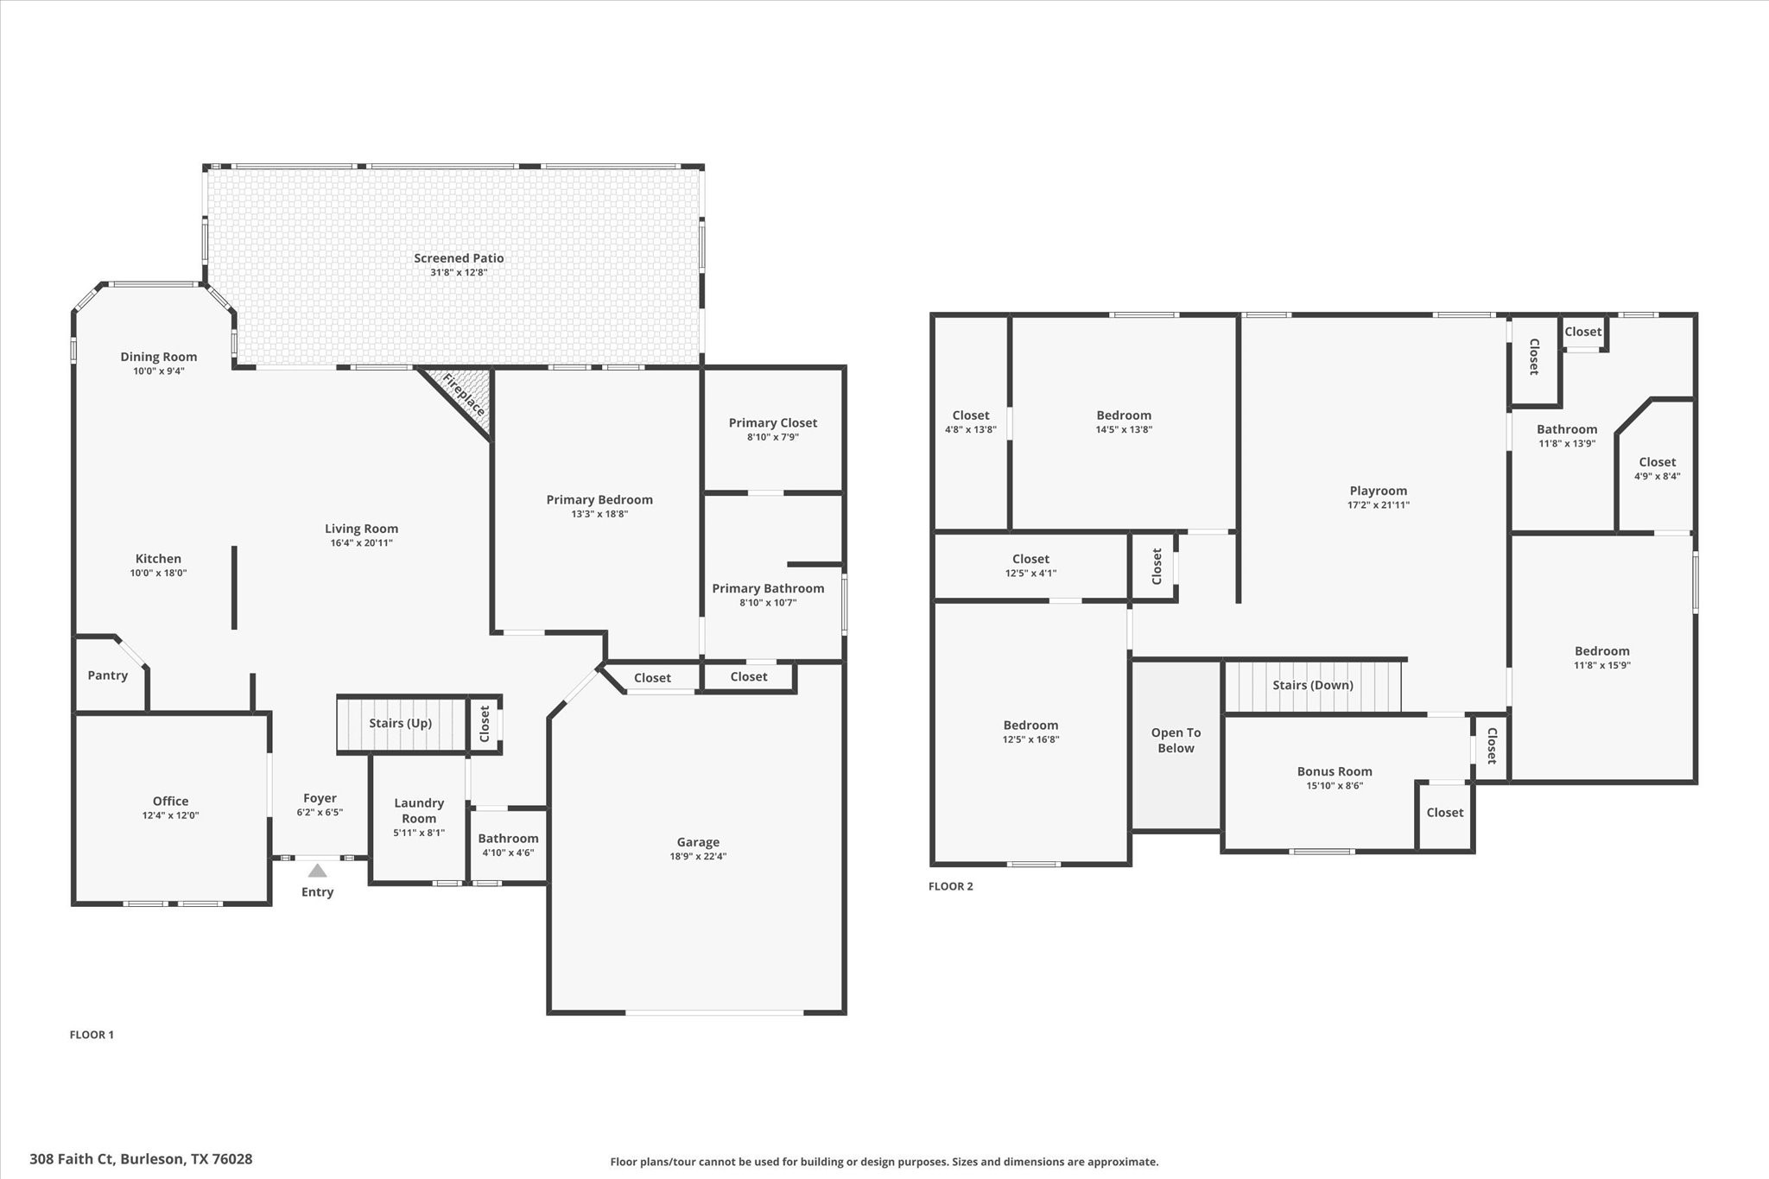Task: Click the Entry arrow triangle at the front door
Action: pos(317,871)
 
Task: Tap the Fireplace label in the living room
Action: pos(464,395)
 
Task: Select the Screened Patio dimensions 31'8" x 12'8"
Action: pos(459,273)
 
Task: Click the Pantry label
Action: pos(108,675)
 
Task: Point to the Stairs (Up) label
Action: pos(400,723)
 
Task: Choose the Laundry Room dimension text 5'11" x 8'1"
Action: pos(419,834)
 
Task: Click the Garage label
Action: pos(698,842)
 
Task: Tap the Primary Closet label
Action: pos(772,422)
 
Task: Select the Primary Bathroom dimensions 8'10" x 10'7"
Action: pos(768,603)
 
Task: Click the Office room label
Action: pos(170,801)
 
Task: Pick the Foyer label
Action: pos(320,798)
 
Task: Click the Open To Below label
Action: pos(1176,740)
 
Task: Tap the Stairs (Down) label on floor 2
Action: pos(1312,685)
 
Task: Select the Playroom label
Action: pos(1378,491)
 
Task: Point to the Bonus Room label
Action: pos(1334,771)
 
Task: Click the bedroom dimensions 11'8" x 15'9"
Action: pos(1601,666)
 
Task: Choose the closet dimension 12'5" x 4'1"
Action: pos(1030,574)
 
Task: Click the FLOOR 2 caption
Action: pos(950,886)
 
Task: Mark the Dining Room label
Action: pos(158,357)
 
